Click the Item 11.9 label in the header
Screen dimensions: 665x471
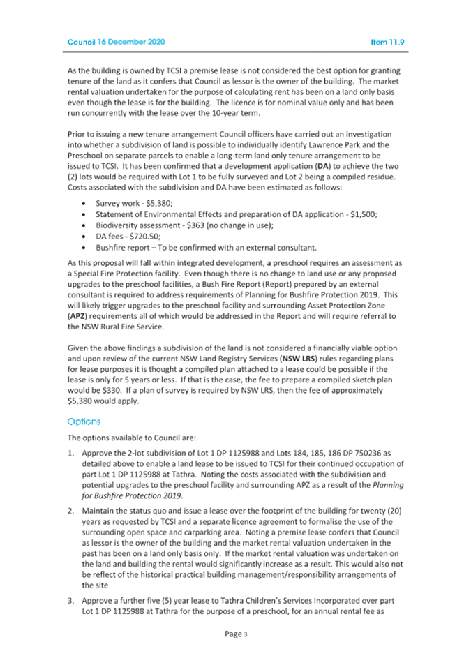tap(389, 43)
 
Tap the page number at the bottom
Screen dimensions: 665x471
tap(235, 634)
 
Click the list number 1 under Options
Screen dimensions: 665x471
tap(70, 454)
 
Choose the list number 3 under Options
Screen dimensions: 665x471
tap(70, 600)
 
